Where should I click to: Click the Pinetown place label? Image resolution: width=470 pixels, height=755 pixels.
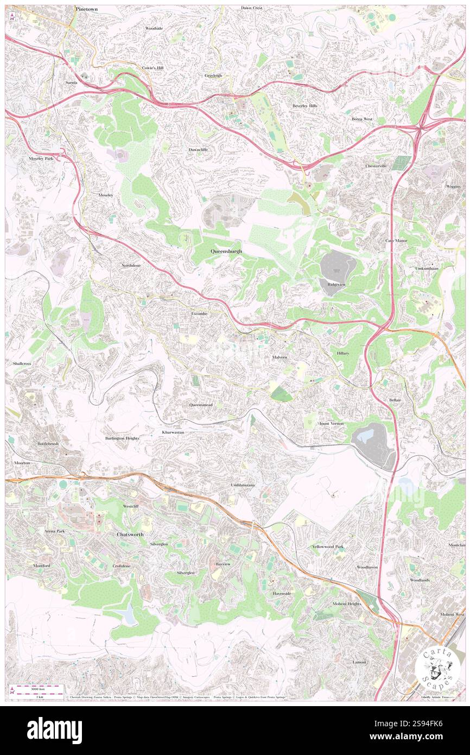coord(87,10)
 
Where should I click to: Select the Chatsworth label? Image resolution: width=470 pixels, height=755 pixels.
coord(130,534)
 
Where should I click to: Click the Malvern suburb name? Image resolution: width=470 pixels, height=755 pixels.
coord(280,357)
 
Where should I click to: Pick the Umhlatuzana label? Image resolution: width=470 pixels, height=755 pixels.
coord(243,485)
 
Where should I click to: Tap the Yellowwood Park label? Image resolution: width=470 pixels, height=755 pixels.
coord(327,546)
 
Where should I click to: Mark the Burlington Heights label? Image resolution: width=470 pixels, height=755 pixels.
coord(122,438)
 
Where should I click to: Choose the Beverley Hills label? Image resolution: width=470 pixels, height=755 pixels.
coord(305,106)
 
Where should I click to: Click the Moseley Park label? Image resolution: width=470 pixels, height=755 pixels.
coord(41,159)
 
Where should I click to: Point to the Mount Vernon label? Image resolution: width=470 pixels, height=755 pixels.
coord(331,424)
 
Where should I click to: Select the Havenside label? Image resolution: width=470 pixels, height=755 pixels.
coord(282,594)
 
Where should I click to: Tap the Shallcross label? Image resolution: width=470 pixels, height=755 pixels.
coord(19,362)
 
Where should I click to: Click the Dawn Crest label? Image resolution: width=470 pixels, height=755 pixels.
coord(252,8)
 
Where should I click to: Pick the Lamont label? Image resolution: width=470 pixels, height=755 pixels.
coord(359,662)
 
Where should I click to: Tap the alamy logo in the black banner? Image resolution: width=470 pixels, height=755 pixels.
coord(54,730)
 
